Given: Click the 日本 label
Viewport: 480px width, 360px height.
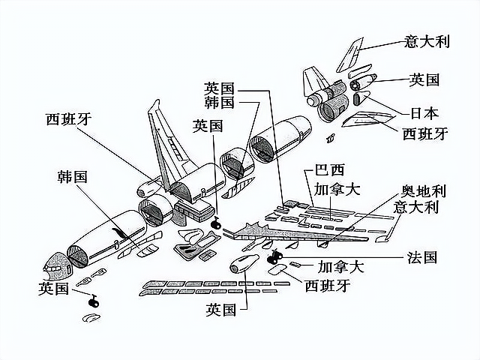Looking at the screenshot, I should pos(424,114).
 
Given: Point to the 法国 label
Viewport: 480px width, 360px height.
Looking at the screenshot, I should pos(422,256).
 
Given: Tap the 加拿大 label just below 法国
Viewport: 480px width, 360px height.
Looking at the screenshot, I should pos(341,266).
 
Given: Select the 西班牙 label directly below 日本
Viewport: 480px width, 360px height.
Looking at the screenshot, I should pos(425,133).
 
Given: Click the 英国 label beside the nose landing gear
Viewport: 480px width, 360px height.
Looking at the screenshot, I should pos(54,287).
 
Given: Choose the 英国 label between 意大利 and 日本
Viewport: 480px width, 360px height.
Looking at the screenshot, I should pos(424,79).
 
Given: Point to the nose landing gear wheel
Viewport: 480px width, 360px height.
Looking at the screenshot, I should pos(94,301).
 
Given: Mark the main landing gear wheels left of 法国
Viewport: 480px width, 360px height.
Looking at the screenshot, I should pos(273,259).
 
